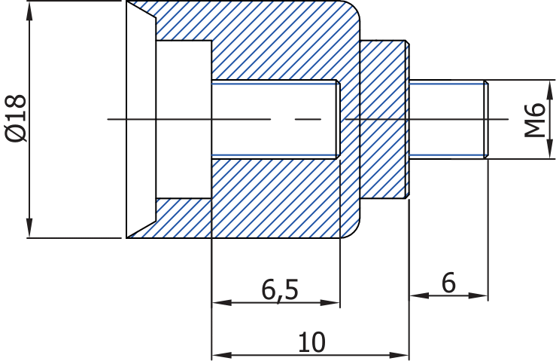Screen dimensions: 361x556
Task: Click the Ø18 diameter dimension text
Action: (16, 118)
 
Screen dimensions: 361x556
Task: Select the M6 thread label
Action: (535, 119)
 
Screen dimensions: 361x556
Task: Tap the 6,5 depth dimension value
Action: (280, 289)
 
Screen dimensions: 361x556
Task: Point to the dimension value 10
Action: (311, 341)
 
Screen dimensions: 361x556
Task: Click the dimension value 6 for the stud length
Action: (448, 283)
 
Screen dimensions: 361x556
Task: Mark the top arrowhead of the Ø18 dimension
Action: (30, 11)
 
